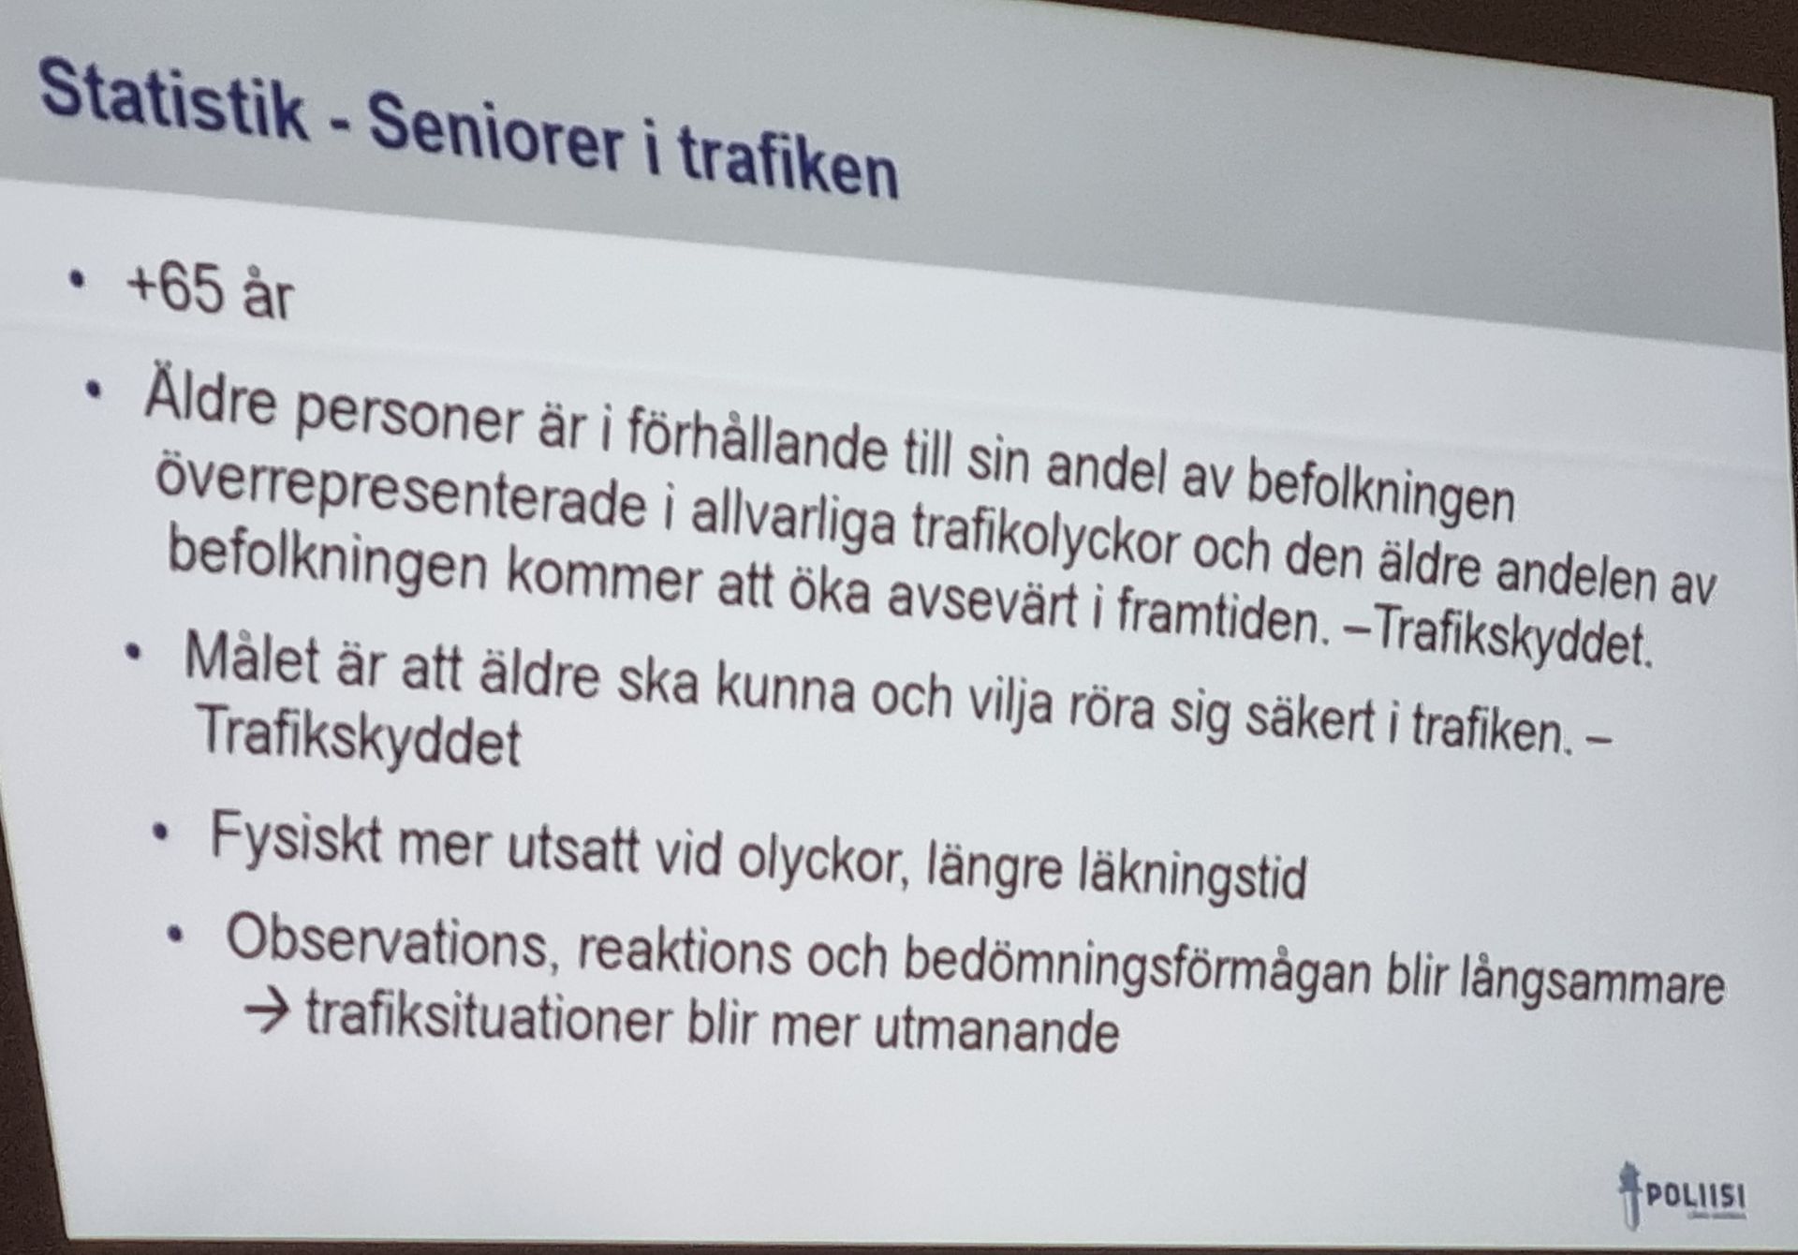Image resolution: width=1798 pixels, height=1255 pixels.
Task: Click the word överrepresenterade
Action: (400, 498)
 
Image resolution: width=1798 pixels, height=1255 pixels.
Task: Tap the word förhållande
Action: (755, 448)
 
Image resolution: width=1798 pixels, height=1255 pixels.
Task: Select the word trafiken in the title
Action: (788, 165)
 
